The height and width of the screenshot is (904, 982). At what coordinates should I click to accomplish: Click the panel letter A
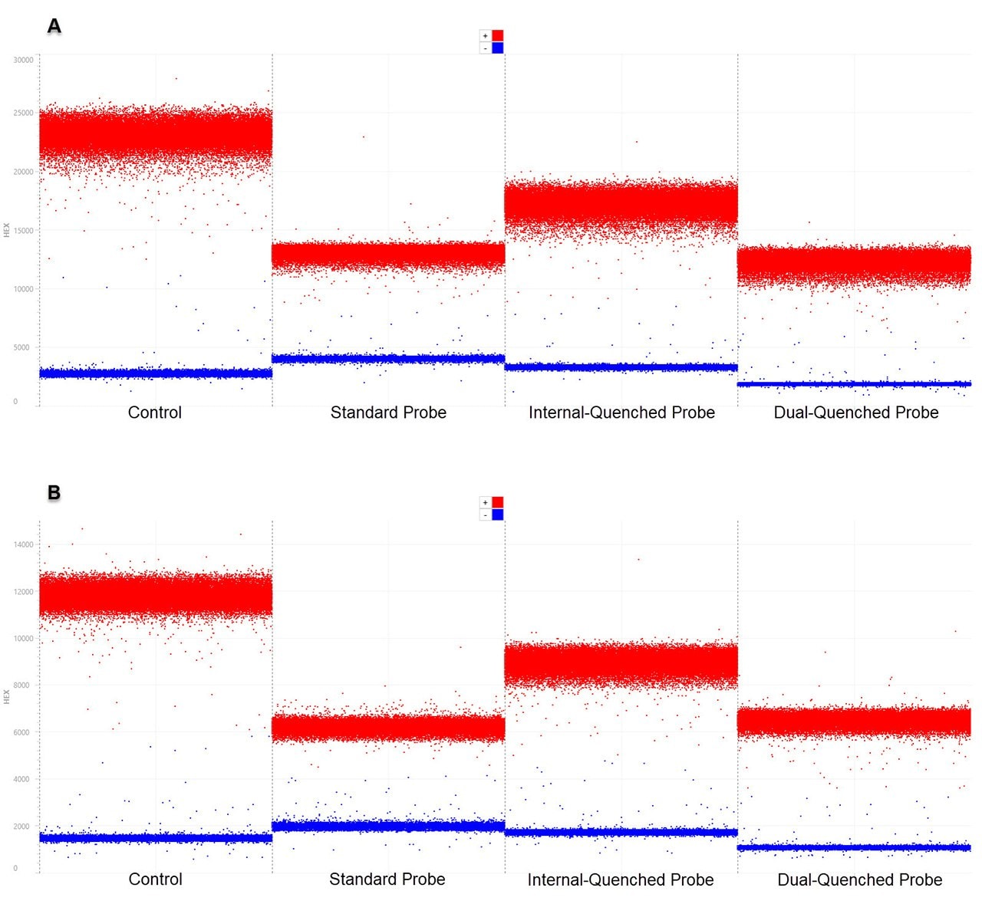54,26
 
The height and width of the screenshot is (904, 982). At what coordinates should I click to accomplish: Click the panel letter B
54,491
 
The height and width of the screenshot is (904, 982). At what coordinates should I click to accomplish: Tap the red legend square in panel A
498,35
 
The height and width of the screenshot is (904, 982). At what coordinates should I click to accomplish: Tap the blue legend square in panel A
498,48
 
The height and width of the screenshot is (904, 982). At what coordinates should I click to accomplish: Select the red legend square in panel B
498,502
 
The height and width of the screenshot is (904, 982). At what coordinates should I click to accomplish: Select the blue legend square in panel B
498,514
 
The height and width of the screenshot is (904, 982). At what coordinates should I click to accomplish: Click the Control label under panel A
155,413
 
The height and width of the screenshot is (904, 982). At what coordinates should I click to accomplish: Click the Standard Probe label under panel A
388,413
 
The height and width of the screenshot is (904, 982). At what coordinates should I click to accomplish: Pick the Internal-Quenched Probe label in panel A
621,413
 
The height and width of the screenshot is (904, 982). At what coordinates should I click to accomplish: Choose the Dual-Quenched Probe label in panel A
856,413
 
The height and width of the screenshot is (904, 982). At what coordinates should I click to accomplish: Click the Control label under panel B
156,879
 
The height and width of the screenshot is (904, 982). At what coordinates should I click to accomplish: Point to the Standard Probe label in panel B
387,879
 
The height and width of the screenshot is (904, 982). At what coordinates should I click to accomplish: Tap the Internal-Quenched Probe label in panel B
621,880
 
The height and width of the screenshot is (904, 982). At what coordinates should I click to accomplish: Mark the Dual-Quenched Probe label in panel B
860,880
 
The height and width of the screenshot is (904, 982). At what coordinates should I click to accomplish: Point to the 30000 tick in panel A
24,60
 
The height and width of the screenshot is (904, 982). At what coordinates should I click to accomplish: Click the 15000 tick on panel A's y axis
24,231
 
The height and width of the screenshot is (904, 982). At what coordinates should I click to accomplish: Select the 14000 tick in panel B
24,544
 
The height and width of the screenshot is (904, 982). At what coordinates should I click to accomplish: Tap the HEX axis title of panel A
7,229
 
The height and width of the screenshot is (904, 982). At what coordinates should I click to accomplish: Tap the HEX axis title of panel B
7,696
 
